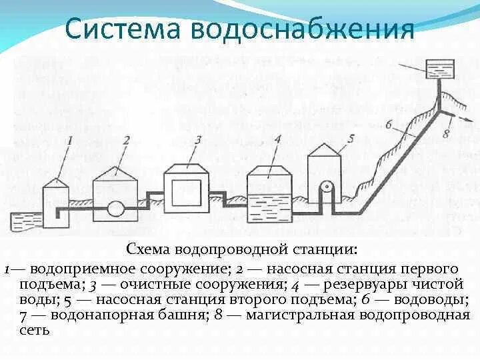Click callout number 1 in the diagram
tap(70, 139)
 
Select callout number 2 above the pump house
tap(126, 139)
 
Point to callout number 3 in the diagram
tap(198, 139)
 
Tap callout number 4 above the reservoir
tap(277, 139)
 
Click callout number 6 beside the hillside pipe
tap(389, 125)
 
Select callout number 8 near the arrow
tap(446, 134)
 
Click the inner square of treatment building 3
tap(187, 193)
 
